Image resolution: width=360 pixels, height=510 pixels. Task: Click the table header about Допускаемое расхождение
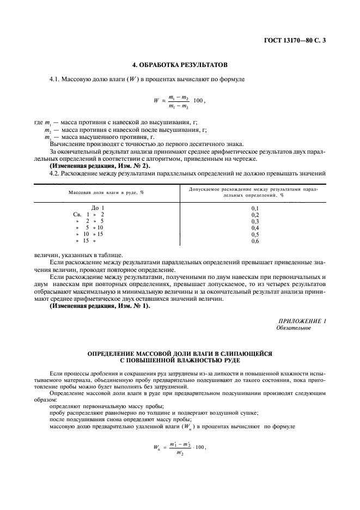click(253, 192)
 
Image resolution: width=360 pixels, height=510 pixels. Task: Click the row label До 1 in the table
click(97, 208)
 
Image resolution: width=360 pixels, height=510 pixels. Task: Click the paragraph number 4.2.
click(53, 173)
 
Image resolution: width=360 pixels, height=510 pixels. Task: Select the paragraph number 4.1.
click(53, 80)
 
